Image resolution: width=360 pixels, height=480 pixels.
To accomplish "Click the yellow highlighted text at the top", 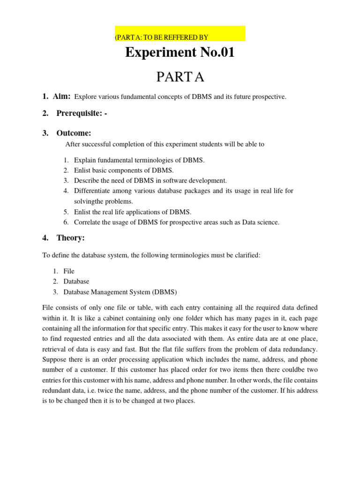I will click(161, 37).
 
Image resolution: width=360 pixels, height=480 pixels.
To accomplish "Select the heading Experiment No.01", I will click(180, 53).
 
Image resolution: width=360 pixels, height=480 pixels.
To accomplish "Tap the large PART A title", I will click(180, 77).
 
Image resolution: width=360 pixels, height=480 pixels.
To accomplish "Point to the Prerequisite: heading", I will click(82, 113).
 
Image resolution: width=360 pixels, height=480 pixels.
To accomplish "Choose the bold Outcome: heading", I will click(74, 133).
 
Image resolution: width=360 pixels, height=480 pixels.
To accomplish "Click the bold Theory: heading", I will click(70, 238).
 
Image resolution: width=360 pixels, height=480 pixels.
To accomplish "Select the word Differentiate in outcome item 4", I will click(93, 191).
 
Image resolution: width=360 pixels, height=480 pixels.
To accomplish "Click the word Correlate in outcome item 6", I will click(88, 222).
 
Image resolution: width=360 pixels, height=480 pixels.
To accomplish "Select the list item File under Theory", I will click(69, 271).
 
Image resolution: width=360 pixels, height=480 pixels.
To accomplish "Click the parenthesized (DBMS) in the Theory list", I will click(164, 292).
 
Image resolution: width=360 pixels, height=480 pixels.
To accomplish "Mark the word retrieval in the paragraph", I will click(56, 349).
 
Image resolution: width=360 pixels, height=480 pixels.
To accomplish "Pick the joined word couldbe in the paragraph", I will click(297, 370).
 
